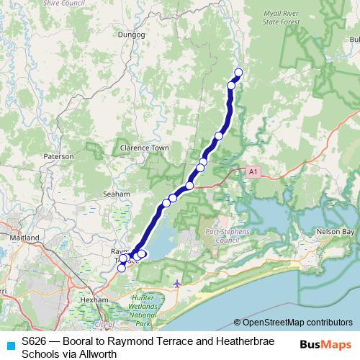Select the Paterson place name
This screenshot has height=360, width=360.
[58, 156]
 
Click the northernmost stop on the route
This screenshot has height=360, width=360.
[238, 72]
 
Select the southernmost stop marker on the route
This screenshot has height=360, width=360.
[121, 268]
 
